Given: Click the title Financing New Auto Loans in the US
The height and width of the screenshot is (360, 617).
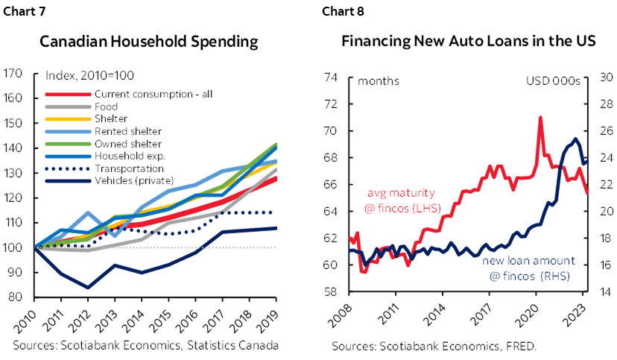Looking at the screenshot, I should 468,41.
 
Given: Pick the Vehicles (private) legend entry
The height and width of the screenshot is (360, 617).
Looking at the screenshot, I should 133,180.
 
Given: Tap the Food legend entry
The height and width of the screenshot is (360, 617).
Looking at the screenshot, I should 107,107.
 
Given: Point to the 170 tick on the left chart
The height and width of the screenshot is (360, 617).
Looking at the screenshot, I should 13,73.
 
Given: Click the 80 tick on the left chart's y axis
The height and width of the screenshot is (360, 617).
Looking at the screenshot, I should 16,297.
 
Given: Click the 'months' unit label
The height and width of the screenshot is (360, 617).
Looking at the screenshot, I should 379,81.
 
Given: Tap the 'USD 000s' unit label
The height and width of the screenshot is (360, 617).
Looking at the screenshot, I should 553,81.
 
